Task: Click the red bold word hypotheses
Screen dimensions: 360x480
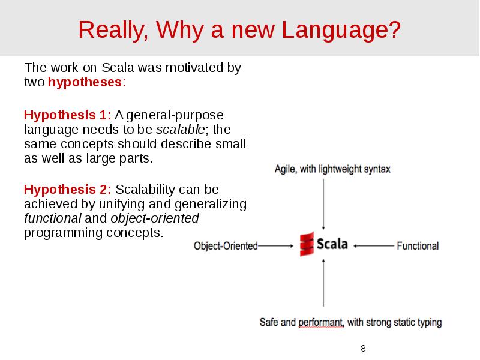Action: click(x=85, y=82)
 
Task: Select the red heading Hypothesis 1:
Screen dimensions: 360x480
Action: click(x=68, y=115)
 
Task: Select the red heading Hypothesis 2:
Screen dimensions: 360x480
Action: click(x=68, y=190)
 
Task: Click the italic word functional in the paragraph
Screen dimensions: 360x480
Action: click(x=52, y=218)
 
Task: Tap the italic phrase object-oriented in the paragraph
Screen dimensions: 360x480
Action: click(x=162, y=218)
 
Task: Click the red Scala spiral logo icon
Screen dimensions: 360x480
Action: click(x=307, y=244)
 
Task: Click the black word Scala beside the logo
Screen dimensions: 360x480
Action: click(x=332, y=245)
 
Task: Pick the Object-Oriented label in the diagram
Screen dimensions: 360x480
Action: click(x=226, y=245)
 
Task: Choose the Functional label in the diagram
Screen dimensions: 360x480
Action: click(x=418, y=245)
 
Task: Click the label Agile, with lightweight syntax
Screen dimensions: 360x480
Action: click(x=332, y=169)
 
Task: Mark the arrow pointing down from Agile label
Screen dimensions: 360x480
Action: click(x=323, y=203)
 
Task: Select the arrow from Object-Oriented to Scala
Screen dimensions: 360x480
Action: click(x=276, y=245)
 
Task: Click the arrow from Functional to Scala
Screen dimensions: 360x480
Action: click(x=373, y=245)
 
